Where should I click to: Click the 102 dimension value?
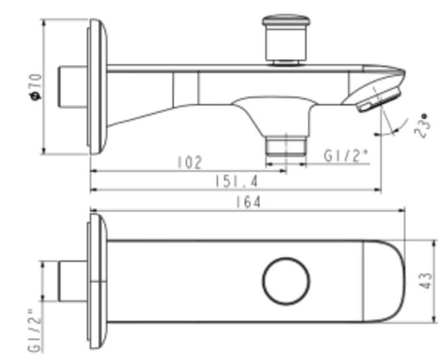189,162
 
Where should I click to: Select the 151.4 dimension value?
236,181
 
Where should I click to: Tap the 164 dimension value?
248,202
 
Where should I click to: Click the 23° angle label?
419,124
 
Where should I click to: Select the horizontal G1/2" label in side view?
345,156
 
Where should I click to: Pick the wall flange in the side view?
97,86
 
